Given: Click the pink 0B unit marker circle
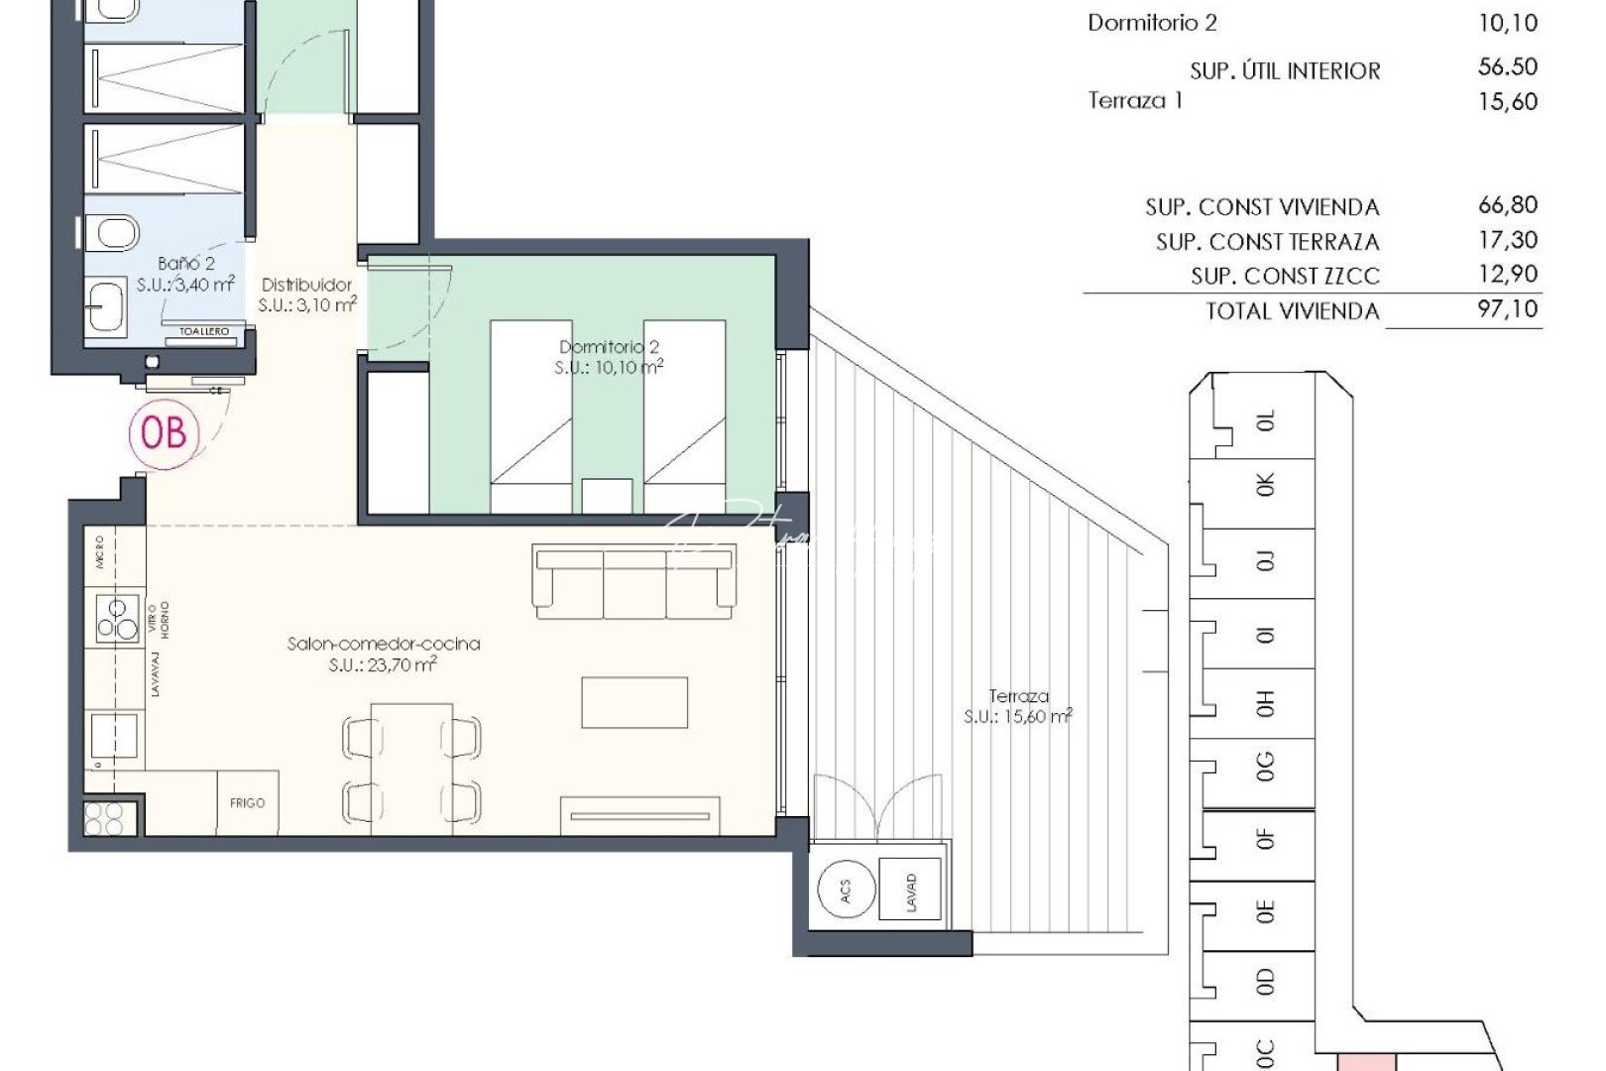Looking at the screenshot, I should [x=165, y=432].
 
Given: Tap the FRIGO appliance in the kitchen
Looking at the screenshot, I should [x=248, y=802].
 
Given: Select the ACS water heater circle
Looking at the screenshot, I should [x=846, y=891].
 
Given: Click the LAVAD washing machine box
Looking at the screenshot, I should [x=910, y=891].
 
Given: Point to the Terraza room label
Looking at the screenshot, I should [x=1018, y=696].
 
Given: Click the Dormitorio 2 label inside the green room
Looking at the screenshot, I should [x=609, y=347].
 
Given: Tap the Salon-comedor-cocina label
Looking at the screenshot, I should [x=384, y=644].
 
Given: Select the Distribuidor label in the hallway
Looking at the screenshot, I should [x=306, y=285].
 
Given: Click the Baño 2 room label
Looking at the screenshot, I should [x=186, y=264].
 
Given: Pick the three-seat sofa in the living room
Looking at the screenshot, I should [x=634, y=580].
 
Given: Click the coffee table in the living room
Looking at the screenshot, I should [x=634, y=702].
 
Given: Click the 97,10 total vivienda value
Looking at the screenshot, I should [x=1507, y=309].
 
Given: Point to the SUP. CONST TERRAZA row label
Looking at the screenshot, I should [x=1267, y=242].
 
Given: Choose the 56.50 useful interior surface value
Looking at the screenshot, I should [x=1507, y=67].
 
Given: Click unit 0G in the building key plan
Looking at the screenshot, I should [x=1264, y=766].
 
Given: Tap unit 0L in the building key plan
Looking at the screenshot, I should [x=1266, y=421].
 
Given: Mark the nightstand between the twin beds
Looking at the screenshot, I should [x=608, y=495].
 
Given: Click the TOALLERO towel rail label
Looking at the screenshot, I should [x=205, y=332].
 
